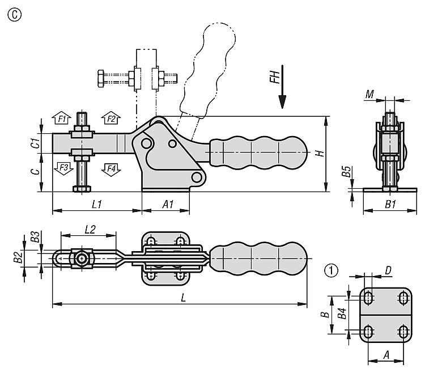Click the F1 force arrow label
(x=63, y=118)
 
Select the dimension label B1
(x=390, y=204)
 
